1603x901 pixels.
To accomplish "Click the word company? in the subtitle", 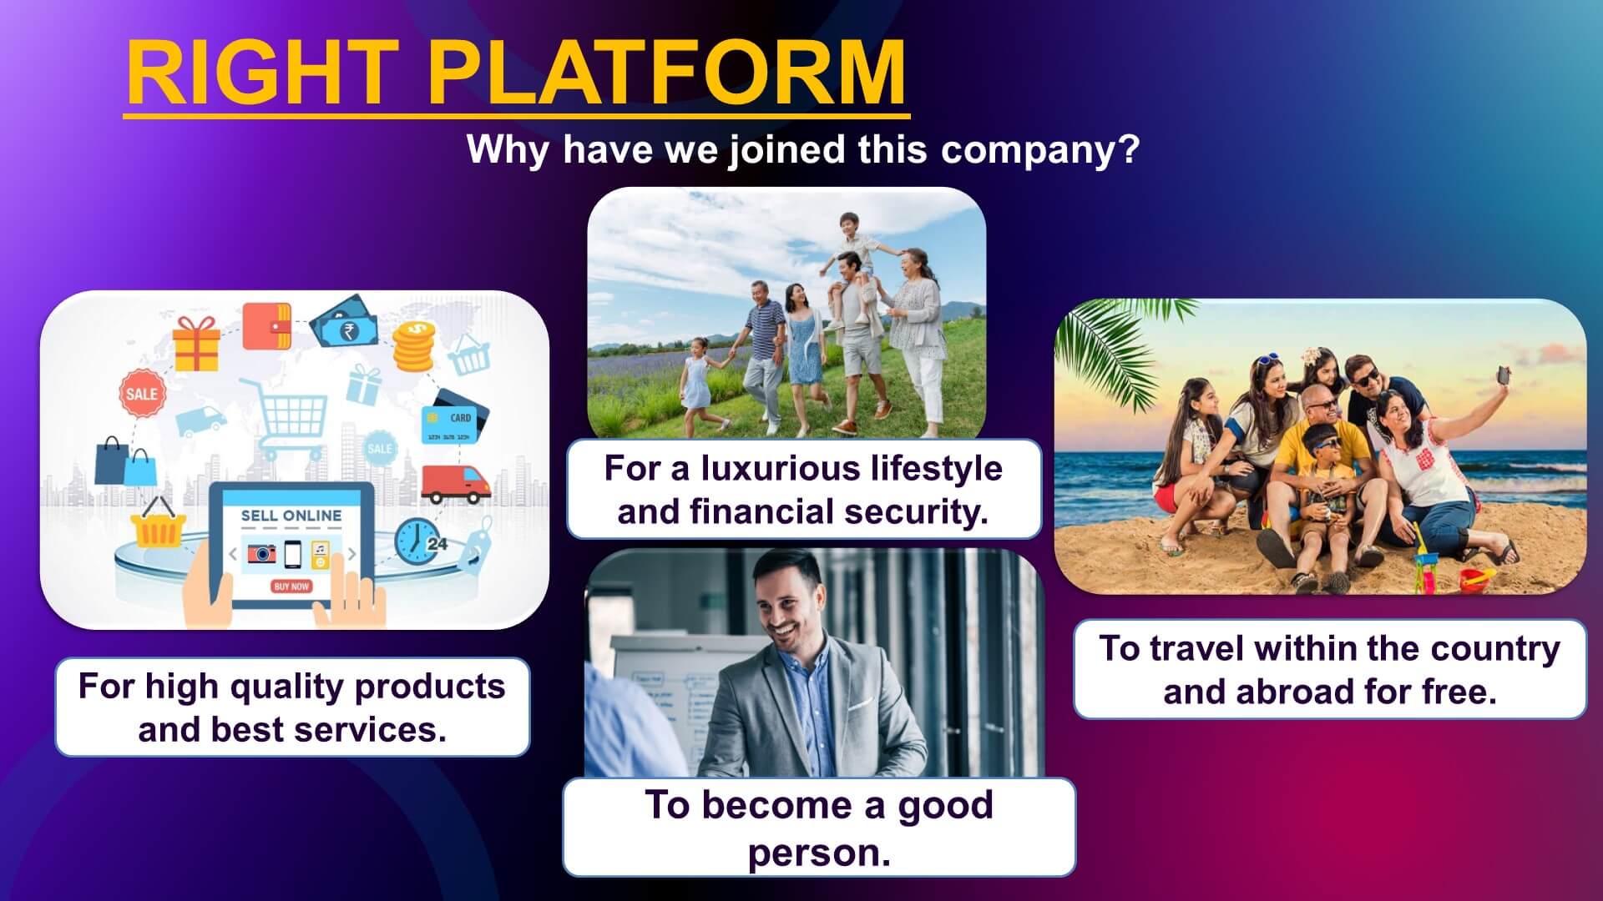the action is [1039, 150].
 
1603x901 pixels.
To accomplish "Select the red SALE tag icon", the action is [141, 393].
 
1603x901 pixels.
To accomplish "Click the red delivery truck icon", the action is [455, 485].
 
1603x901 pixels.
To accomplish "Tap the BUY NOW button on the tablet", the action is [291, 586].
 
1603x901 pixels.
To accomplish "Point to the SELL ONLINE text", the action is [291, 516].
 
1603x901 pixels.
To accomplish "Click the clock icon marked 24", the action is [418, 540].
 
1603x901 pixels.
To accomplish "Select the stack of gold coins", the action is [413, 347].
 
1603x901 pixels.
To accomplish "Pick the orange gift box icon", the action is [196, 342].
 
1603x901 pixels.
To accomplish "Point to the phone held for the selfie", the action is [1502, 375].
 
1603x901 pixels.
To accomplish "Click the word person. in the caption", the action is [818, 852].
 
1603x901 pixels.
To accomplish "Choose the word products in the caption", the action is [431, 687].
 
